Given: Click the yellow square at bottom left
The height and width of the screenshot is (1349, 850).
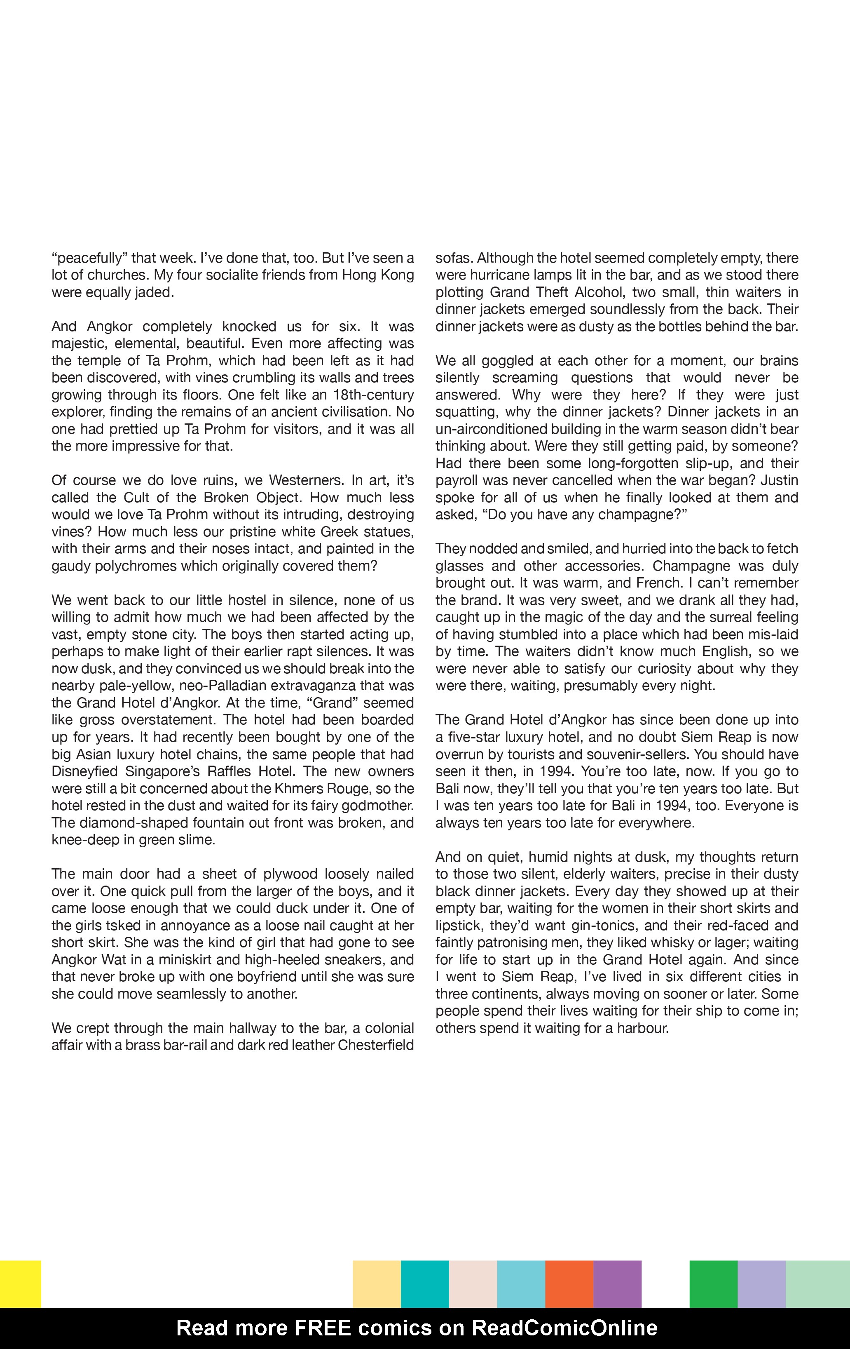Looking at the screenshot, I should tap(20, 1283).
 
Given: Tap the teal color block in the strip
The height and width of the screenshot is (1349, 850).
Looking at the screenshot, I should tap(424, 1283).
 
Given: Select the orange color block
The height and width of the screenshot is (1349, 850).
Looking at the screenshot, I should tap(569, 1283).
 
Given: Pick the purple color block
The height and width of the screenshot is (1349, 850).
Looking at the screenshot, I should tap(617, 1283).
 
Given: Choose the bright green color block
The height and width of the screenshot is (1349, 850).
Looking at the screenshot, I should tap(713, 1283).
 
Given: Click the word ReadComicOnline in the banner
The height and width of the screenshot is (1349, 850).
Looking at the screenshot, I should tap(564, 1328).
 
